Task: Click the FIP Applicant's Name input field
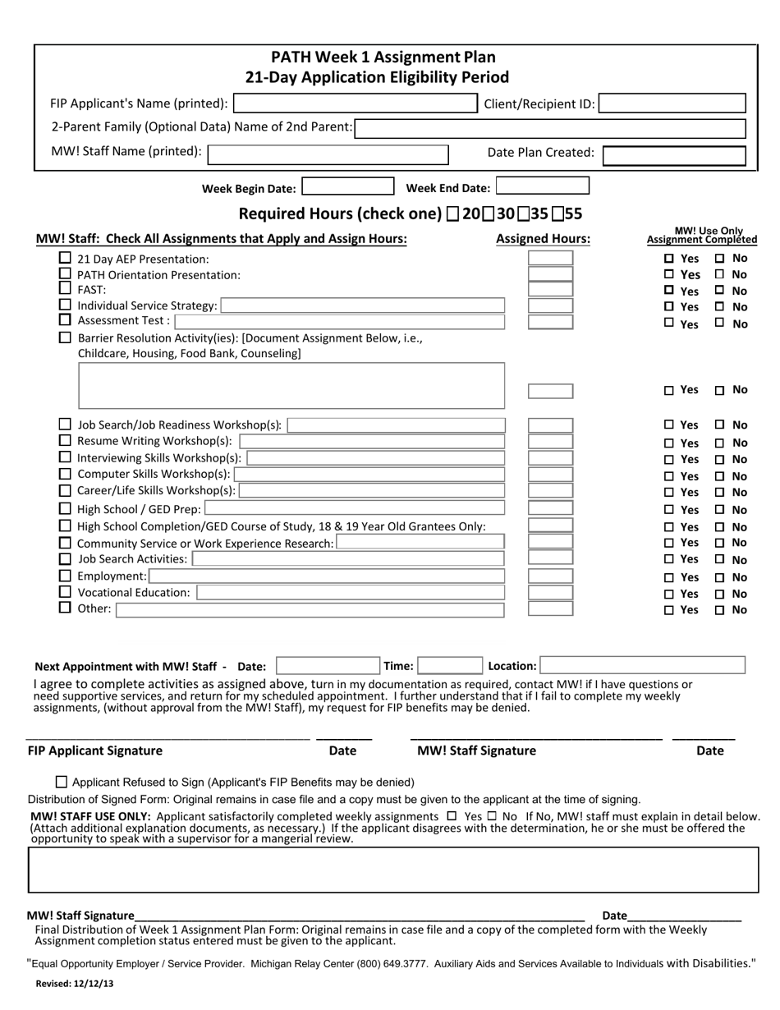355,103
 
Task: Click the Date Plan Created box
674,155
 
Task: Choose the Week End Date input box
542,188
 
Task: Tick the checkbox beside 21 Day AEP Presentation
65,258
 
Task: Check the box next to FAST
65,289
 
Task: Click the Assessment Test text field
339,321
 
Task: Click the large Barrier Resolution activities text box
291,385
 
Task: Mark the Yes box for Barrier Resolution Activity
669,391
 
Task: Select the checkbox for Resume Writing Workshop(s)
65,441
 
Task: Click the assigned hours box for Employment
550,576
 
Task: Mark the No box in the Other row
720,611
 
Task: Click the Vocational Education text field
351,592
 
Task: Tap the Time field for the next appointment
449,666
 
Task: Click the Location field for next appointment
642,666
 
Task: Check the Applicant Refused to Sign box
62,783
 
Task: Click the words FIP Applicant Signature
95,751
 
